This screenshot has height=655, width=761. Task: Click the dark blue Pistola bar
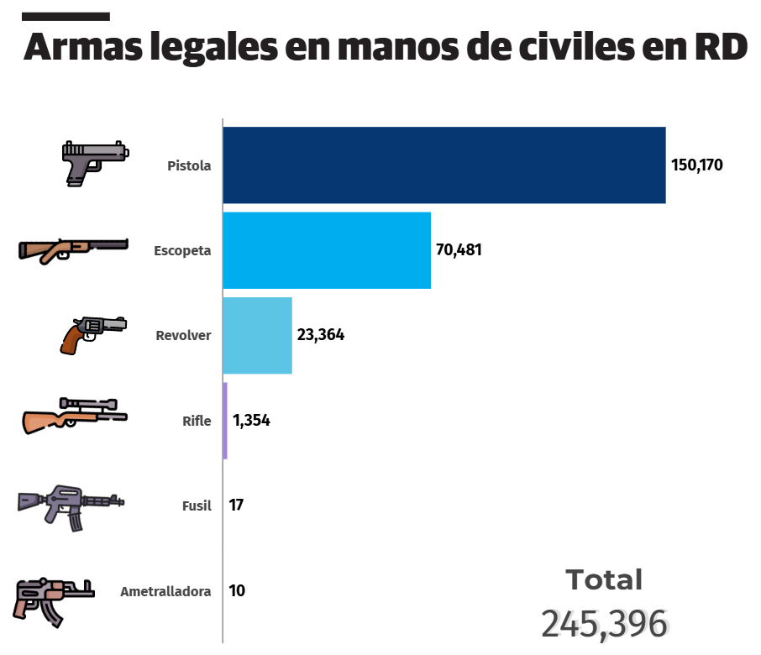(x=444, y=165)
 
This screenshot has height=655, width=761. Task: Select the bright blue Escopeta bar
(x=327, y=250)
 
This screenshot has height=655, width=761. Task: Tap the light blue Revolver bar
(x=257, y=335)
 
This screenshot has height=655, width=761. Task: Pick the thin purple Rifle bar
(x=225, y=421)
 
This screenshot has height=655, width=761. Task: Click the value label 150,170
(x=696, y=165)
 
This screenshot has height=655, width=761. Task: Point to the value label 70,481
(x=459, y=250)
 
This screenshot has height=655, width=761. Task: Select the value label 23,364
(x=320, y=334)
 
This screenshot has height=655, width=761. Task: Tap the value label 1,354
(x=251, y=421)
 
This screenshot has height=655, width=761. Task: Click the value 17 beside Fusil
(x=236, y=506)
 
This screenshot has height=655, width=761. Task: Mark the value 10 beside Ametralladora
(x=237, y=590)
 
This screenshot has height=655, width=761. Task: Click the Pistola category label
(x=189, y=165)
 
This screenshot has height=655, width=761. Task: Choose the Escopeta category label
(x=182, y=250)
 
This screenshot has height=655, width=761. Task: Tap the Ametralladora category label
(x=165, y=591)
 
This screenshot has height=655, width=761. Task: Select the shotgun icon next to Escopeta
(x=73, y=248)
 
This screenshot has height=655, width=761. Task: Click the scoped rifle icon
(x=74, y=415)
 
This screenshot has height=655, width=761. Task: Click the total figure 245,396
(x=604, y=623)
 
